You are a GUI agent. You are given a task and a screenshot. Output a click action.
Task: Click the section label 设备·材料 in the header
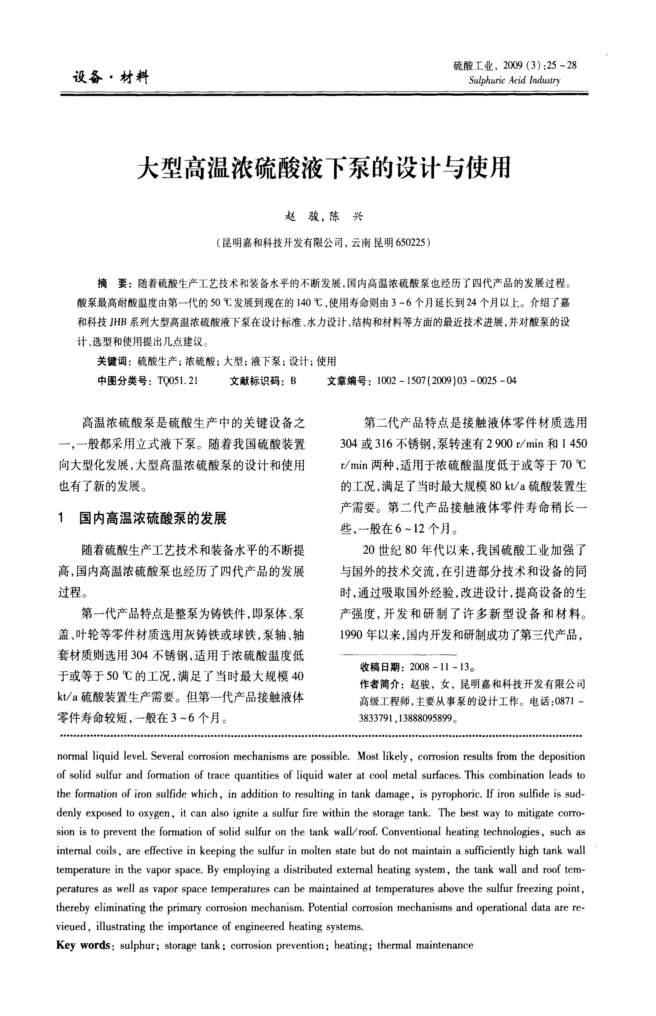[x=110, y=77]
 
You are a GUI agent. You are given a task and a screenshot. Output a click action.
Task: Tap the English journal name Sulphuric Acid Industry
[x=514, y=81]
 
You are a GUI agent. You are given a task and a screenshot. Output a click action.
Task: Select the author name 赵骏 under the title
[x=301, y=217]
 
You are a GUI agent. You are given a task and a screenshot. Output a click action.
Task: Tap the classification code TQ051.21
[x=178, y=381]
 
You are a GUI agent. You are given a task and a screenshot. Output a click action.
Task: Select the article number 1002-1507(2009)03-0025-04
[x=446, y=381]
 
